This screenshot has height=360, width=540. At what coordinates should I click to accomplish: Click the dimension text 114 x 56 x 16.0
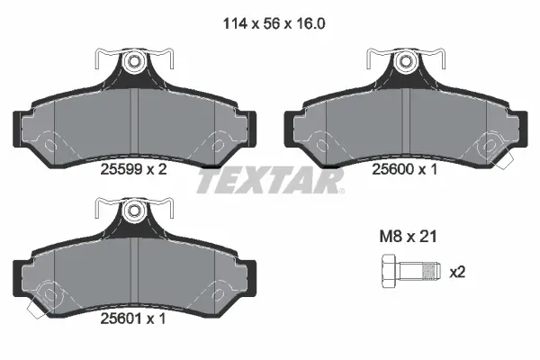pos(269,25)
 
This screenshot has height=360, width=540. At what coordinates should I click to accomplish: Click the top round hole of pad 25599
pos(134,62)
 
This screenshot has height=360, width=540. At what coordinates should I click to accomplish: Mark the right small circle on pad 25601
pos(218,293)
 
